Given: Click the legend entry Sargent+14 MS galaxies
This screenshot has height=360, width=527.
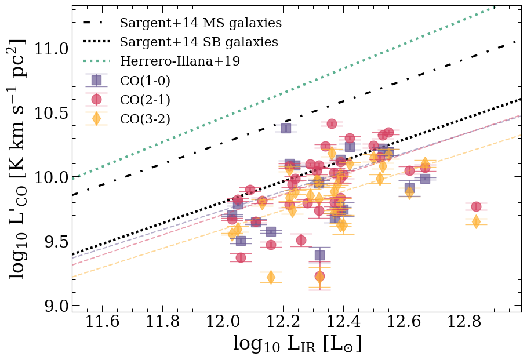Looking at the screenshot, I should [201, 23].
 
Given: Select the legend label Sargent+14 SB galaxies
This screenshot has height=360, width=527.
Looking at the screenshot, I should [199, 42].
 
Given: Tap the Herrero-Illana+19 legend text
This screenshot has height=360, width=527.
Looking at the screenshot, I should [180, 61].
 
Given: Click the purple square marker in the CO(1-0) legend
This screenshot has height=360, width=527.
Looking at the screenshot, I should [96, 81].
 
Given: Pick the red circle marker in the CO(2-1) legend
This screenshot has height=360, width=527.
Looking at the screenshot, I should [96, 99].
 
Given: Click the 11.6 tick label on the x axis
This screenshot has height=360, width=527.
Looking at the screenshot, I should [102, 322].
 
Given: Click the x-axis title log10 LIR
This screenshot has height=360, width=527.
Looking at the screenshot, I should [297, 344].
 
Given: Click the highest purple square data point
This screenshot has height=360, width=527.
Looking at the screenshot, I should [286, 128].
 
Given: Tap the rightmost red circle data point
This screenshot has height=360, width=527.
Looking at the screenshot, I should [476, 206].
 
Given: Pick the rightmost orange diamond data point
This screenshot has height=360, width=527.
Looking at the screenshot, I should [476, 221].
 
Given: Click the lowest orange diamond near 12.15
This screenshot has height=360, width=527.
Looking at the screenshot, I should [271, 277].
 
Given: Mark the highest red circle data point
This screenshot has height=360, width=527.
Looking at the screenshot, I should [332, 123].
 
